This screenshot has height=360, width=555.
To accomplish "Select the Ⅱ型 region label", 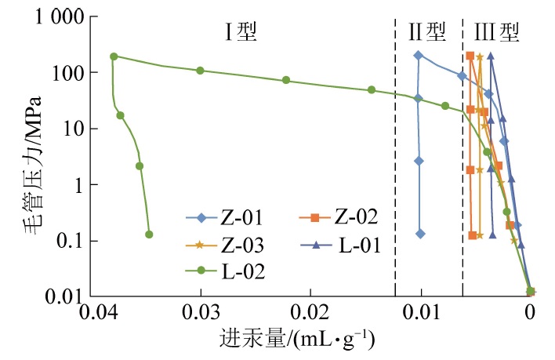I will tap(428, 32).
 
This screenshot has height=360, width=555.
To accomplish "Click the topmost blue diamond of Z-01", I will tap(418, 55).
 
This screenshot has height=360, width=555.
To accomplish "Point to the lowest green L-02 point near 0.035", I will tap(149, 234).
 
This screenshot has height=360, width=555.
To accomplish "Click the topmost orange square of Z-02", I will tap(470, 56).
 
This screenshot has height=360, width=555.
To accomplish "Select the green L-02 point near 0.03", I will tap(200, 71).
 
